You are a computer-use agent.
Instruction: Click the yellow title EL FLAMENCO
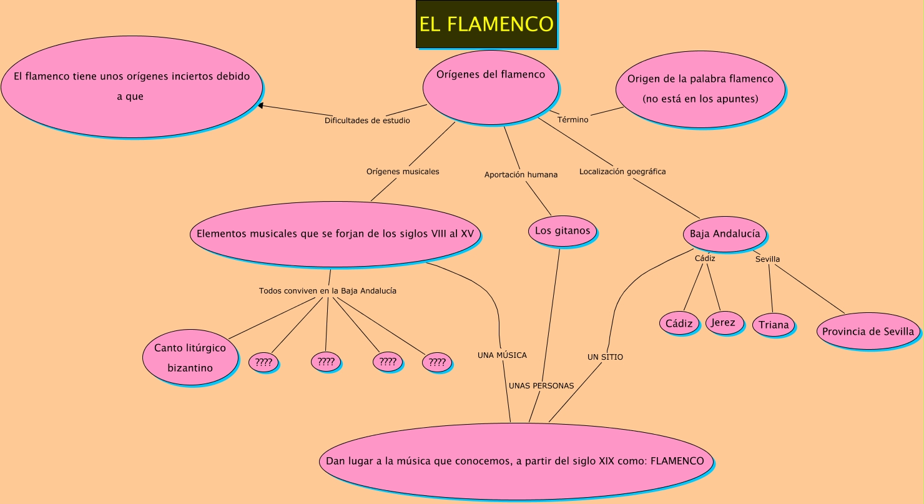click(x=486, y=24)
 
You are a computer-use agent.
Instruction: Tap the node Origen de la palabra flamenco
click(x=700, y=88)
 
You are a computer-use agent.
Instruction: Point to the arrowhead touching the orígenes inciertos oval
click(x=261, y=106)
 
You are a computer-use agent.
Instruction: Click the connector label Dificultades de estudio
click(x=367, y=121)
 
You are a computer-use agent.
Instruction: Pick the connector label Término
click(x=573, y=119)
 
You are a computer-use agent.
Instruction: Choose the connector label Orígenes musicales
click(x=403, y=172)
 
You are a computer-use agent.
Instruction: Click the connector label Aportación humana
click(x=521, y=175)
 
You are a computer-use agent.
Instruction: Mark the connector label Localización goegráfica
click(x=622, y=172)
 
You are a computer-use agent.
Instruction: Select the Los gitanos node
click(x=562, y=231)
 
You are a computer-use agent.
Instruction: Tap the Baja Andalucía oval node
click(x=725, y=234)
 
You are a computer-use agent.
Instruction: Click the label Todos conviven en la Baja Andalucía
click(x=328, y=291)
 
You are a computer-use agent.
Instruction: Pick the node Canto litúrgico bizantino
click(x=190, y=357)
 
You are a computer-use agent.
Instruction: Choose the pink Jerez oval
click(x=724, y=323)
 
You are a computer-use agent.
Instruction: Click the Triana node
click(x=774, y=325)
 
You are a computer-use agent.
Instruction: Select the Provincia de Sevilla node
click(x=868, y=332)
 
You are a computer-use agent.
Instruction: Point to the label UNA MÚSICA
click(x=502, y=355)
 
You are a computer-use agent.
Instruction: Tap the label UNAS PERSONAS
click(x=541, y=386)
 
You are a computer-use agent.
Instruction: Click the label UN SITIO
click(x=605, y=357)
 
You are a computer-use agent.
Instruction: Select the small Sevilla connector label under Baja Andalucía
click(x=767, y=259)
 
